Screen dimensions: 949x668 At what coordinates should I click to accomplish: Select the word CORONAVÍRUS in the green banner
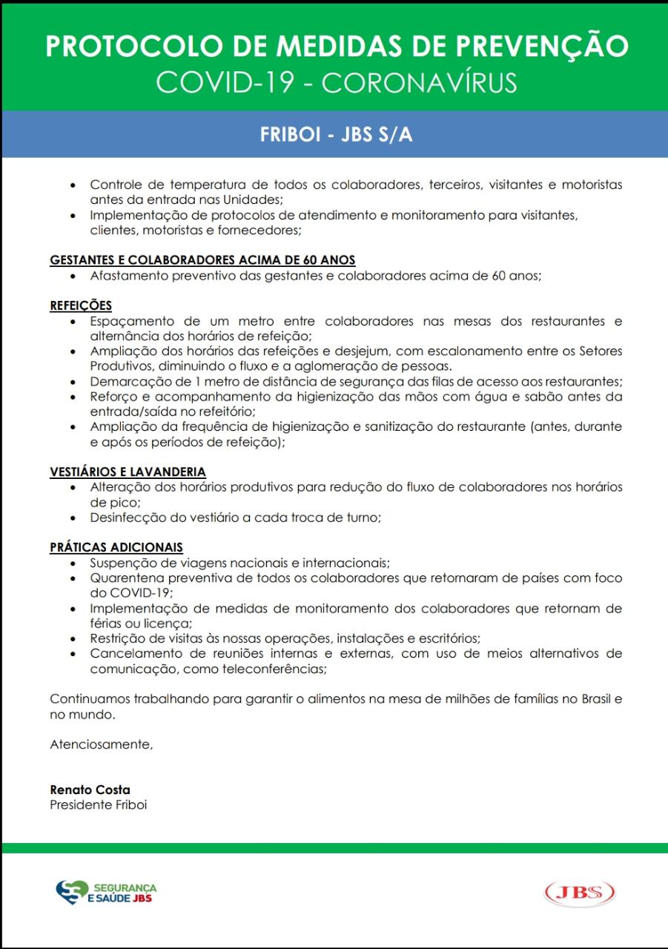420,82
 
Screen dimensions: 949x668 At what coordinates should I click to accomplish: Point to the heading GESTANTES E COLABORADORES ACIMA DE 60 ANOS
202,260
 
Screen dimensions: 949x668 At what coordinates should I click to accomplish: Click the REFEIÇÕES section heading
81,305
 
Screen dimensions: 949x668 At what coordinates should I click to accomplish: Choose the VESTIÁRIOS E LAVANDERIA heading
128,472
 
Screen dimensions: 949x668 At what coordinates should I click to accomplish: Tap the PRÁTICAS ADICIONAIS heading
116,547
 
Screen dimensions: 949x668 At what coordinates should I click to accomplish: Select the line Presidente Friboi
98,804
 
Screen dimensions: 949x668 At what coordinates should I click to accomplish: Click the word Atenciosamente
101,744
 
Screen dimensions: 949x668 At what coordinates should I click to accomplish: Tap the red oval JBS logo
580,892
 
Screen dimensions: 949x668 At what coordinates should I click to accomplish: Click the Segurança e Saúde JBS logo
107,892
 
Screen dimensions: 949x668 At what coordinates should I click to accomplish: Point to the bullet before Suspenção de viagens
73,563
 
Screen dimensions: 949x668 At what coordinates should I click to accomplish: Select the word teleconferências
270,669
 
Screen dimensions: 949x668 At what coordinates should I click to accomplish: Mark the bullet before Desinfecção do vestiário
73,518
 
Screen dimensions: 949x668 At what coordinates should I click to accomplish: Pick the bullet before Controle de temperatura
73,185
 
